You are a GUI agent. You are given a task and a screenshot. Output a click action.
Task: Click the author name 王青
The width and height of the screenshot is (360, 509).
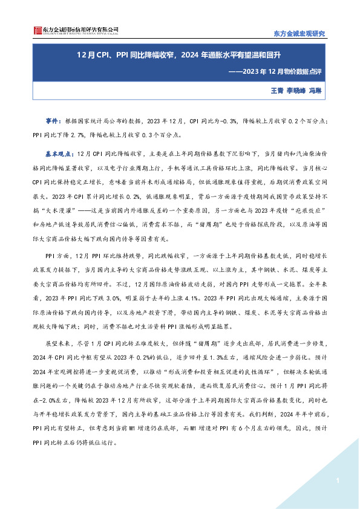point(277,91)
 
